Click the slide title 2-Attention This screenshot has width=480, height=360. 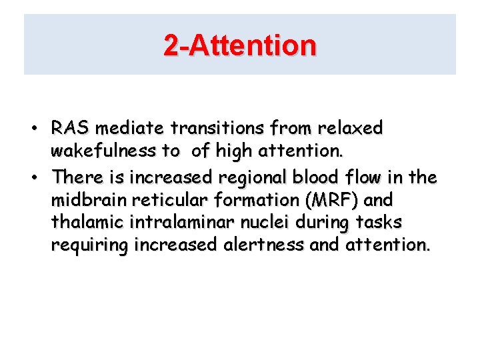tap(240, 45)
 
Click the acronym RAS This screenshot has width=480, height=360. tap(68, 127)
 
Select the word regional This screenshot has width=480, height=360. tap(239, 177)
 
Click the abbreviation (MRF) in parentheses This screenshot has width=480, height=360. tap(323, 201)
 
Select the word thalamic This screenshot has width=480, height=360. tap(83, 223)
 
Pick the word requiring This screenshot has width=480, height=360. tap(90, 246)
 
